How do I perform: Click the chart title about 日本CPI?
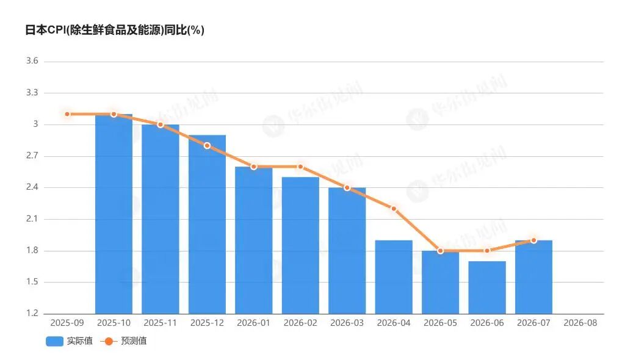pyautogui.click(x=114, y=30)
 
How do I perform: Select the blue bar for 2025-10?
pyautogui.click(x=114, y=214)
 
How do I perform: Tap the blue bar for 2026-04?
pyautogui.click(x=394, y=277)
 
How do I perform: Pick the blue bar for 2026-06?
pyautogui.click(x=487, y=287)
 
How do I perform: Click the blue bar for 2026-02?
pyautogui.click(x=300, y=245)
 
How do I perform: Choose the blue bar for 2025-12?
pyautogui.click(x=208, y=225)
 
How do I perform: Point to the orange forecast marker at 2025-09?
pyautogui.click(x=67, y=114)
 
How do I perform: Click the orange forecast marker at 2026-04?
pyautogui.click(x=394, y=209)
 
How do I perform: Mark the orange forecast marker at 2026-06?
pyautogui.click(x=487, y=251)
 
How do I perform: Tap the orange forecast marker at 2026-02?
pyautogui.click(x=300, y=167)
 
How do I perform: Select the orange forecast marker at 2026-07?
pyautogui.click(x=533, y=240)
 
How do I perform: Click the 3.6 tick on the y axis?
pyautogui.click(x=32, y=61)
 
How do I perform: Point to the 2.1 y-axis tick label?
pyautogui.click(x=32, y=219)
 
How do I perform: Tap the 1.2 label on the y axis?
pyautogui.click(x=32, y=314)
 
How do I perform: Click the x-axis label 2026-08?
pyautogui.click(x=580, y=323)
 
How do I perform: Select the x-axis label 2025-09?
pyautogui.click(x=67, y=323)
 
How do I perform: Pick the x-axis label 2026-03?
pyautogui.click(x=347, y=323)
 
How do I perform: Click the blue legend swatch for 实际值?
pyautogui.click(x=54, y=341)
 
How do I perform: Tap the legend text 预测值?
pyautogui.click(x=134, y=341)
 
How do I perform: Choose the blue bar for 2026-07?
pyautogui.click(x=533, y=277)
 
